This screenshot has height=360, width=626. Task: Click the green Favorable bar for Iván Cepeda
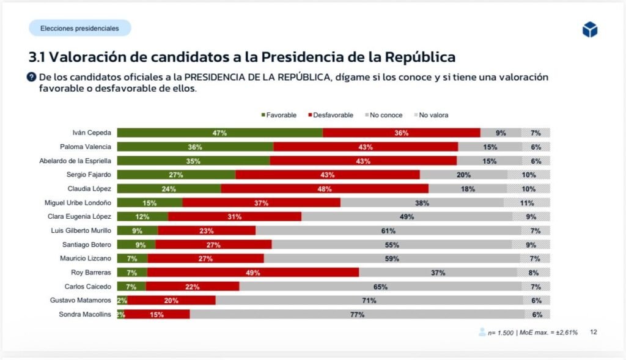coord(220,133)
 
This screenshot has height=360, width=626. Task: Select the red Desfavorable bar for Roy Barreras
coord(252,272)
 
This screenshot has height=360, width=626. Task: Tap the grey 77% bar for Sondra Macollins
coord(357,314)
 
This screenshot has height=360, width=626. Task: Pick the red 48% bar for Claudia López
coord(325,189)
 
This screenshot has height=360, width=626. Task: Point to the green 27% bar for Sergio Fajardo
coord(176,175)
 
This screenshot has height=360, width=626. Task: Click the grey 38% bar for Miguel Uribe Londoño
coord(422,203)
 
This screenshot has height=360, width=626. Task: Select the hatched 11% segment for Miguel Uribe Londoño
coord(527,203)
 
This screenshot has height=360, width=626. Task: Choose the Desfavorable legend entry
coord(330,115)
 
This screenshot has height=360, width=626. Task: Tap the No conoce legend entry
coord(383,115)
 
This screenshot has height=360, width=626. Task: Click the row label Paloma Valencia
coord(86,147)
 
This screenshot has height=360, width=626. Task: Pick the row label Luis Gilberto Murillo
coord(81,230)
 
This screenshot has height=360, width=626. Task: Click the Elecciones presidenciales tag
coord(79,28)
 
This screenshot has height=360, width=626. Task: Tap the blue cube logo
coord(589,29)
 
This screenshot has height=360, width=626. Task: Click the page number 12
coord(594,332)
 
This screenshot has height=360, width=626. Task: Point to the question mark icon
coord(31,77)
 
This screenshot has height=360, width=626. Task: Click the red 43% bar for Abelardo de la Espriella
coord(363,161)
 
